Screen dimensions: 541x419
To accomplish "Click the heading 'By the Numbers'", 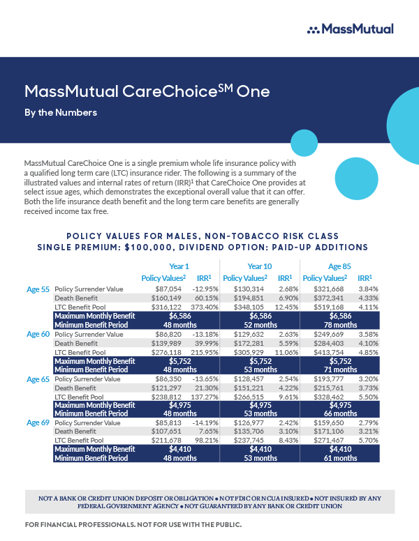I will point(60,112).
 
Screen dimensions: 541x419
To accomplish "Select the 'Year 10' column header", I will point(259,266).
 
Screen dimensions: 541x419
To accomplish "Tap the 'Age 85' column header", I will point(339,266).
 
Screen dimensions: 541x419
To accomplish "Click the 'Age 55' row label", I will point(38,288).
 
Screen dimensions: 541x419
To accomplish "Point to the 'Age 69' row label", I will point(38,422).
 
